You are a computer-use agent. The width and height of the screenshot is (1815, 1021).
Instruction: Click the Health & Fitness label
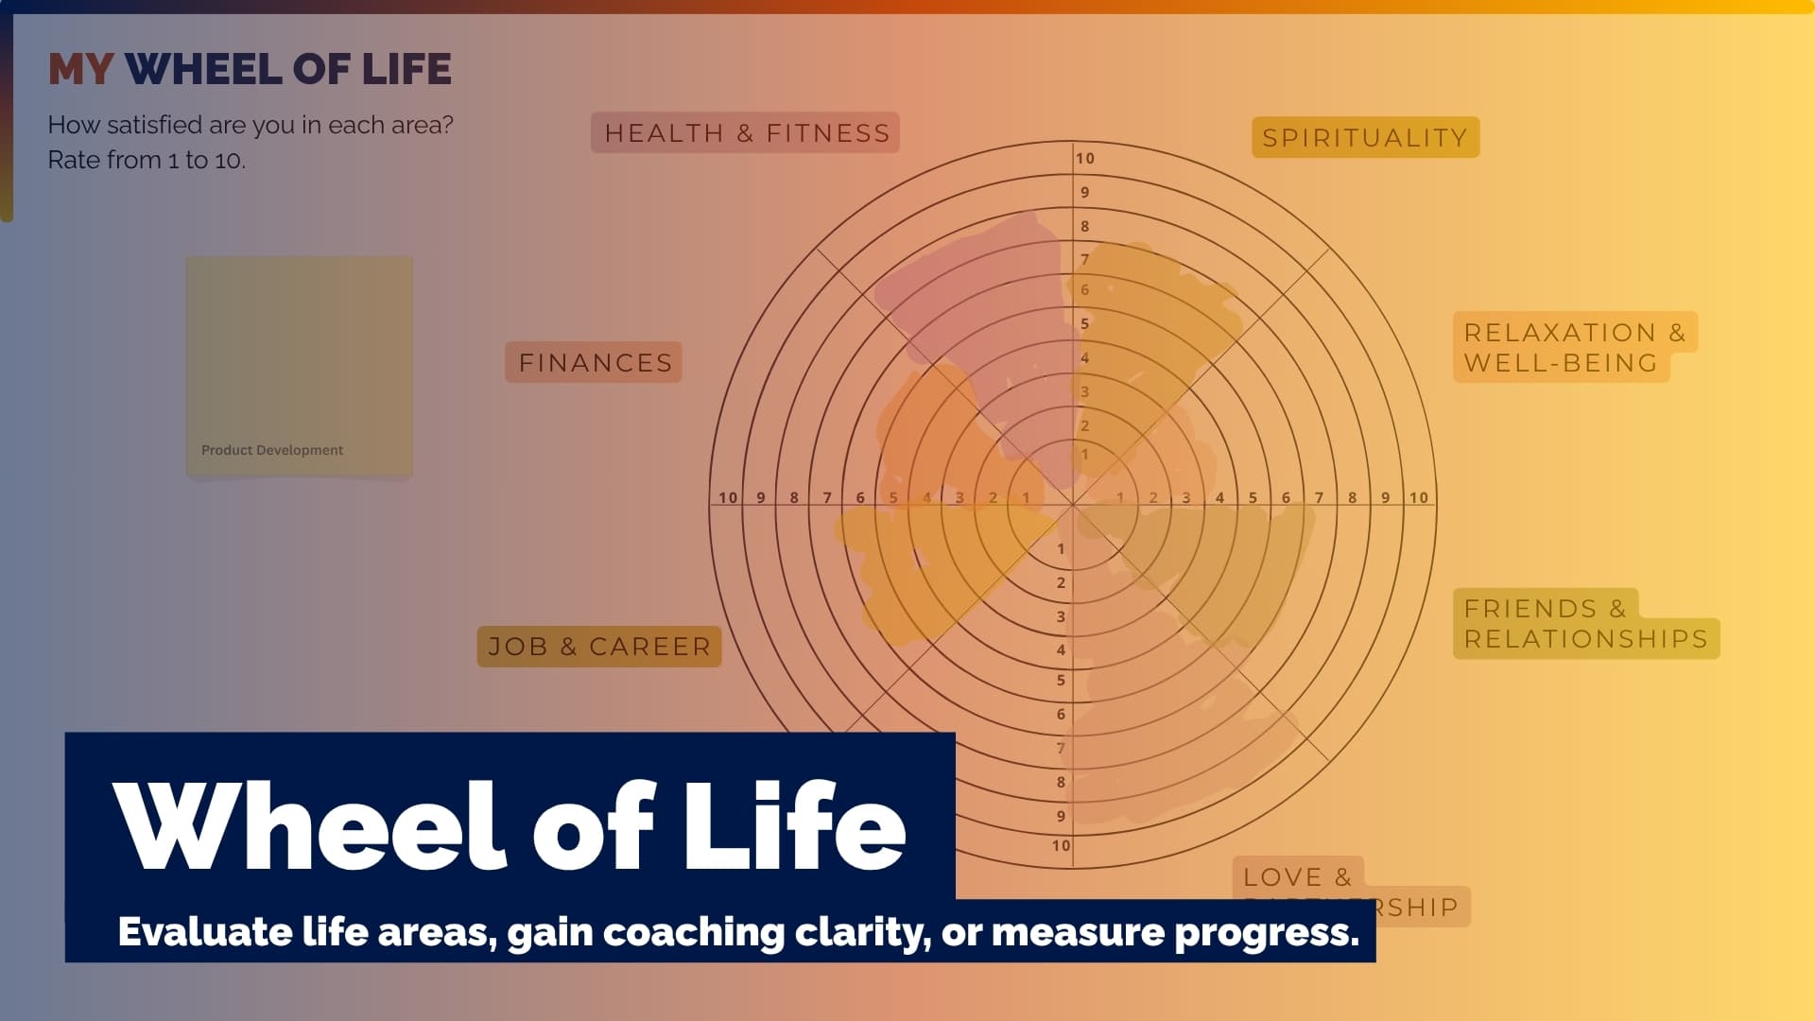[x=746, y=133]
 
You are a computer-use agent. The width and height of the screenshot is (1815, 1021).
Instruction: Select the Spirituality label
[x=1364, y=138]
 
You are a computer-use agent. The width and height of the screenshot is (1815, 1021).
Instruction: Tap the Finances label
[x=595, y=363]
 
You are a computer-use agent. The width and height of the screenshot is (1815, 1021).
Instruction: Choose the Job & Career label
[x=599, y=647]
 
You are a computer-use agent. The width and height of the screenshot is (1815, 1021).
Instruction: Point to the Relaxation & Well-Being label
[x=1574, y=347]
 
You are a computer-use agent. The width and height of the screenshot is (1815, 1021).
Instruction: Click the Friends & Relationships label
[x=1585, y=624]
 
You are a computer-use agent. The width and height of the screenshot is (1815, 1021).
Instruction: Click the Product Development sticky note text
[x=272, y=450]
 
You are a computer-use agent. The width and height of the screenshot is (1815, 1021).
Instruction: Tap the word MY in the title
[x=80, y=69]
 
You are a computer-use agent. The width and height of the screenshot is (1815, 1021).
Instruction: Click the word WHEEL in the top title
[x=202, y=69]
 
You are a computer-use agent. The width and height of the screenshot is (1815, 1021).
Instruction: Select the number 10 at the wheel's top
[x=1084, y=159]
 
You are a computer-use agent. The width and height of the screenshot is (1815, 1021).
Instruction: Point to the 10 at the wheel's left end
[x=727, y=497]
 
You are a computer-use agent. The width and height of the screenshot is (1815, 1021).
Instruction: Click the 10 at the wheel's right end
[x=1418, y=497]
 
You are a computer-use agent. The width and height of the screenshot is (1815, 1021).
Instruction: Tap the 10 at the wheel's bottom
[x=1061, y=845]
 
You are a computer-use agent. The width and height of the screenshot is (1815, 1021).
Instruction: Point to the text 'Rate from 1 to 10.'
[x=147, y=160]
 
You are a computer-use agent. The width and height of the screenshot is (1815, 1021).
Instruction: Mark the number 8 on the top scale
[x=1084, y=227]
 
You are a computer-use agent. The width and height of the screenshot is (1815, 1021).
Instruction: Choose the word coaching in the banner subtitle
[x=693, y=932]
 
